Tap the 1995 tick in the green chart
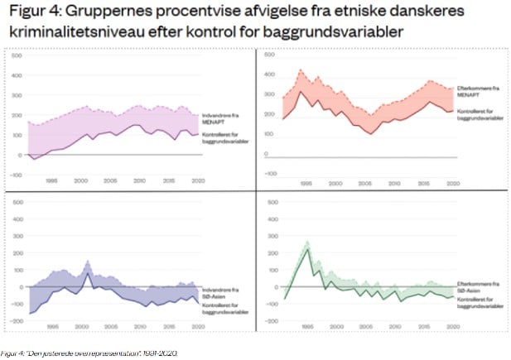pos(306,327)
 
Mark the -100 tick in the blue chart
pos(17,305)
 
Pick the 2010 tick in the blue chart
pos(140,327)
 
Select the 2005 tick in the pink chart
pos(111,180)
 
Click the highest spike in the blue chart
pos(88,262)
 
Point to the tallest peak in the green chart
pos(308,242)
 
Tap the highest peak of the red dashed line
pos(301,70)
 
